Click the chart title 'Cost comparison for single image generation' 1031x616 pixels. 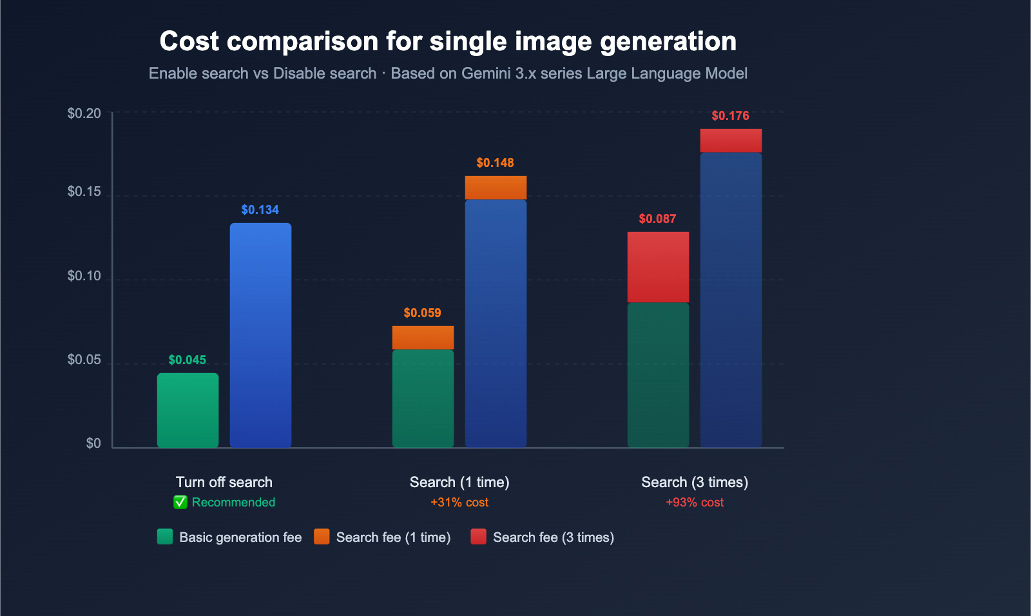tap(448, 41)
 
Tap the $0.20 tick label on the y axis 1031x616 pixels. tap(84, 113)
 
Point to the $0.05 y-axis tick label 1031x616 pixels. tap(84, 360)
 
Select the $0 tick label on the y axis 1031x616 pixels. tap(93, 443)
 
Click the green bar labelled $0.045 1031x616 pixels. tap(188, 410)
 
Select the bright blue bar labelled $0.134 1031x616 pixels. tap(260, 335)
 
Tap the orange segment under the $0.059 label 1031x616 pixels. tap(423, 338)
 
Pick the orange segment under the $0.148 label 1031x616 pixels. tap(496, 188)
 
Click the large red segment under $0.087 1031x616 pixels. tap(658, 267)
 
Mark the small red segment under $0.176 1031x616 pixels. tap(731, 140)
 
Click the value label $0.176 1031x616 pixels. tap(730, 116)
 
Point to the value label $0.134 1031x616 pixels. tap(260, 210)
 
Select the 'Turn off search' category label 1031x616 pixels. tap(224, 482)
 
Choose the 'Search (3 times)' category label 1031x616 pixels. tap(695, 482)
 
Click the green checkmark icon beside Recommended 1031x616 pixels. tap(180, 502)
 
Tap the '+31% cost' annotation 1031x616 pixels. tap(459, 502)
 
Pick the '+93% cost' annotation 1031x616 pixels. tap(695, 502)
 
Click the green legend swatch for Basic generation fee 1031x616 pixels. tap(165, 537)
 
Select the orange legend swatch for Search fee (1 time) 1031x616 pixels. tap(322, 537)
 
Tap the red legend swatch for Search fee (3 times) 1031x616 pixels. tap(478, 537)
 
